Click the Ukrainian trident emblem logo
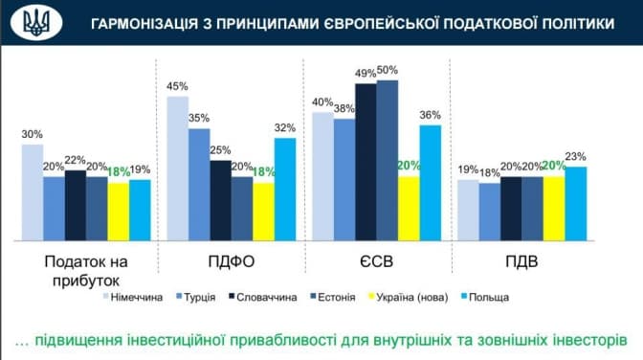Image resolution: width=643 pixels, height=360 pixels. (36, 23)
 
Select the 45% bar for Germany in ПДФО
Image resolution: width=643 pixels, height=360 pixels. (178, 169)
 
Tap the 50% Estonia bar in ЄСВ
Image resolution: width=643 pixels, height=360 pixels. (388, 161)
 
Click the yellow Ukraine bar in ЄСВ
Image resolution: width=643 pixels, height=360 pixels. (409, 209)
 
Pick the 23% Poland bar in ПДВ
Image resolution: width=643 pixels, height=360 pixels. (576, 204)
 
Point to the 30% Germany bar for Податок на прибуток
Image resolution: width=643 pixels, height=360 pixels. (33, 192)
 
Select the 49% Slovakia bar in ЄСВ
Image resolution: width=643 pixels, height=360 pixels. (366, 162)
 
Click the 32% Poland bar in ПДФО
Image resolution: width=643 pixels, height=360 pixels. (285, 190)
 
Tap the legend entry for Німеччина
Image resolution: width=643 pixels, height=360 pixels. (133, 297)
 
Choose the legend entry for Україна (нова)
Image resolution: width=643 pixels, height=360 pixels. (409, 297)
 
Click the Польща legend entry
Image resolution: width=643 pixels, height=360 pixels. (485, 297)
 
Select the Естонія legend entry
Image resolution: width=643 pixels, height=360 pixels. (333, 297)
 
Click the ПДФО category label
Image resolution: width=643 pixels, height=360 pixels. (232, 261)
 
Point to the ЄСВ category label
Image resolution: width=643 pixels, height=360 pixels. (376, 261)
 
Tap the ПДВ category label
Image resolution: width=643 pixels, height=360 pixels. (521, 261)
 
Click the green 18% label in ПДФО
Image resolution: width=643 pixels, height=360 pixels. (264, 172)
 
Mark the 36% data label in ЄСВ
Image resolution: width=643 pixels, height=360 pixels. (431, 115)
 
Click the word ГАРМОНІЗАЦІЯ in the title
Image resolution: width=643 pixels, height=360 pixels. (144, 24)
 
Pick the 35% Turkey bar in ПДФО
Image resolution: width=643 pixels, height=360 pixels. (199, 185)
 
